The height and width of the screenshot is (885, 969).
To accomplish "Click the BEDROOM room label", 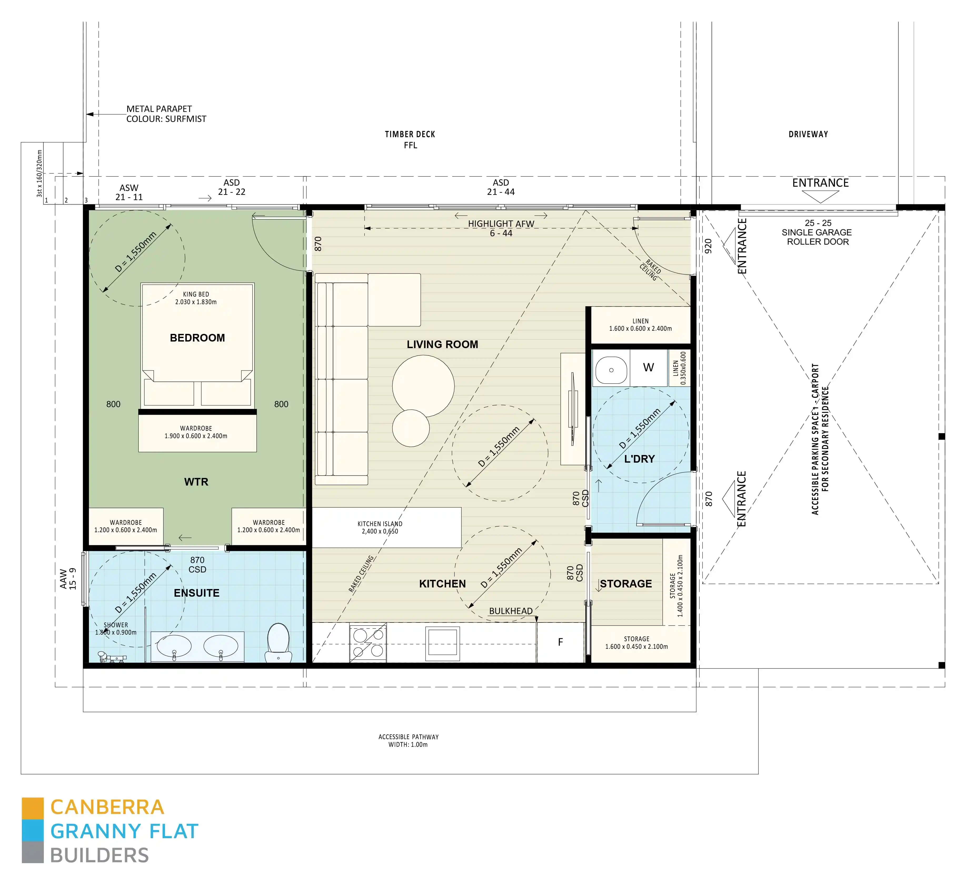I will coord(197,338).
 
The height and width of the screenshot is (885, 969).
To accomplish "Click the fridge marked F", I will coord(560,642).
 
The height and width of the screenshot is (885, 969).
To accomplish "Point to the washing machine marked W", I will coord(648,368).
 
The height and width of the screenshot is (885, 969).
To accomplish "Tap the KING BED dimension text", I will coord(196,298).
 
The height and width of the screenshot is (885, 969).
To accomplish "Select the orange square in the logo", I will coord(33,809).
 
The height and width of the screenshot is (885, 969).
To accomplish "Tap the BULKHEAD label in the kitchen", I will coord(510,611).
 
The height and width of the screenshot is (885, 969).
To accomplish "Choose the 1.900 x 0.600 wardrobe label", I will coord(196,432).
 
